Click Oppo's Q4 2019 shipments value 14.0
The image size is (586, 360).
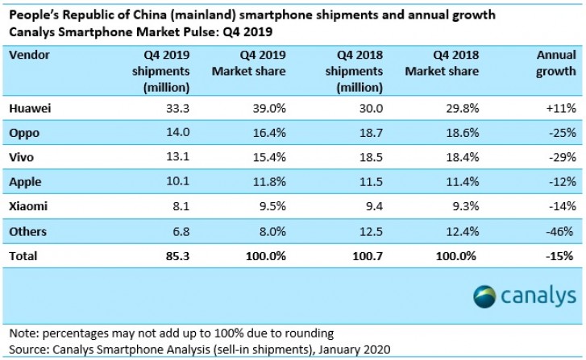click(175, 132)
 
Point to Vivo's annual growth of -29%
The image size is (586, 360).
click(558, 157)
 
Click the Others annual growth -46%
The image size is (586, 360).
click(558, 231)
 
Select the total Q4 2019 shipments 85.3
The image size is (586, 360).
click(175, 256)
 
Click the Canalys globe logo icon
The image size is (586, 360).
click(487, 297)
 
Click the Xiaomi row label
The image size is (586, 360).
click(28, 206)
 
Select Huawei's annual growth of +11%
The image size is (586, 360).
click(557, 107)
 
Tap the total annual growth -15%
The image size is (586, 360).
click(557, 256)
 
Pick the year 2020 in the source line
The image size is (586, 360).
click(374, 349)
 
